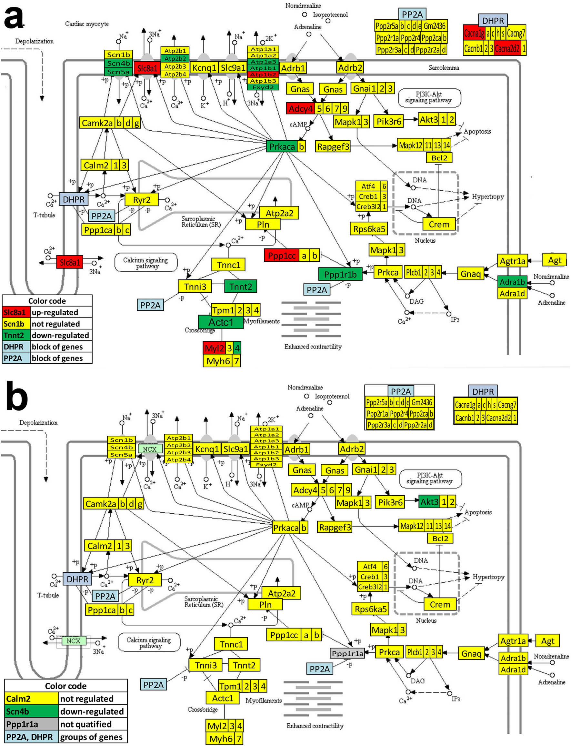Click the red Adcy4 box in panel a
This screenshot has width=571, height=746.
[300, 108]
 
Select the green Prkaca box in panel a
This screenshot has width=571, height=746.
[282, 146]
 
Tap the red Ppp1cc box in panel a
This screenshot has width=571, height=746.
[282, 256]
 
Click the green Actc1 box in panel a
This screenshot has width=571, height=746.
[221, 322]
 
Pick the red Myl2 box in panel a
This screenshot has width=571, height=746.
[214, 348]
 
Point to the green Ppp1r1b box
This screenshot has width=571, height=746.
[340, 274]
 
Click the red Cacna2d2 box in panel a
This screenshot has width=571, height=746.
[507, 49]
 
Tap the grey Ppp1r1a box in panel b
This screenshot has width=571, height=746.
[347, 653]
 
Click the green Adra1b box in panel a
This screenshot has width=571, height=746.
[512, 282]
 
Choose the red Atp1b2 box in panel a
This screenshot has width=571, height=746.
[263, 75]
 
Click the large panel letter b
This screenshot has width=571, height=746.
[16, 396]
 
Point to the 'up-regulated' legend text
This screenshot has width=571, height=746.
[55, 312]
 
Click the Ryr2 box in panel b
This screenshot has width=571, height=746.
[145, 580]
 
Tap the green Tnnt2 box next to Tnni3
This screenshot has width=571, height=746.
[240, 287]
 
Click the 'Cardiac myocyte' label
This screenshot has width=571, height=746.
[87, 24]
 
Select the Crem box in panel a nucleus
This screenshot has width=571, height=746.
[439, 224]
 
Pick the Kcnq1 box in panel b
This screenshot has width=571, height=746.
[207, 449]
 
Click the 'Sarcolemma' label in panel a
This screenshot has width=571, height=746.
[444, 68]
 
